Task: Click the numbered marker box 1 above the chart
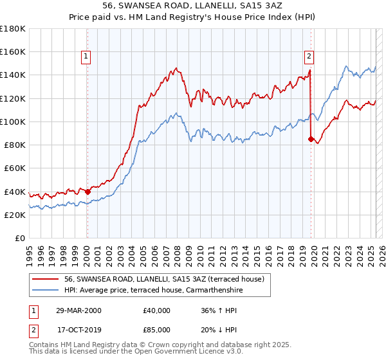click(86, 57)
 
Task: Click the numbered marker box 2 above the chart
click(309, 57)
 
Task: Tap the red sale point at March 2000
click(87, 191)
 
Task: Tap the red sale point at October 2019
click(311, 139)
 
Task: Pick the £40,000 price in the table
click(157, 310)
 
